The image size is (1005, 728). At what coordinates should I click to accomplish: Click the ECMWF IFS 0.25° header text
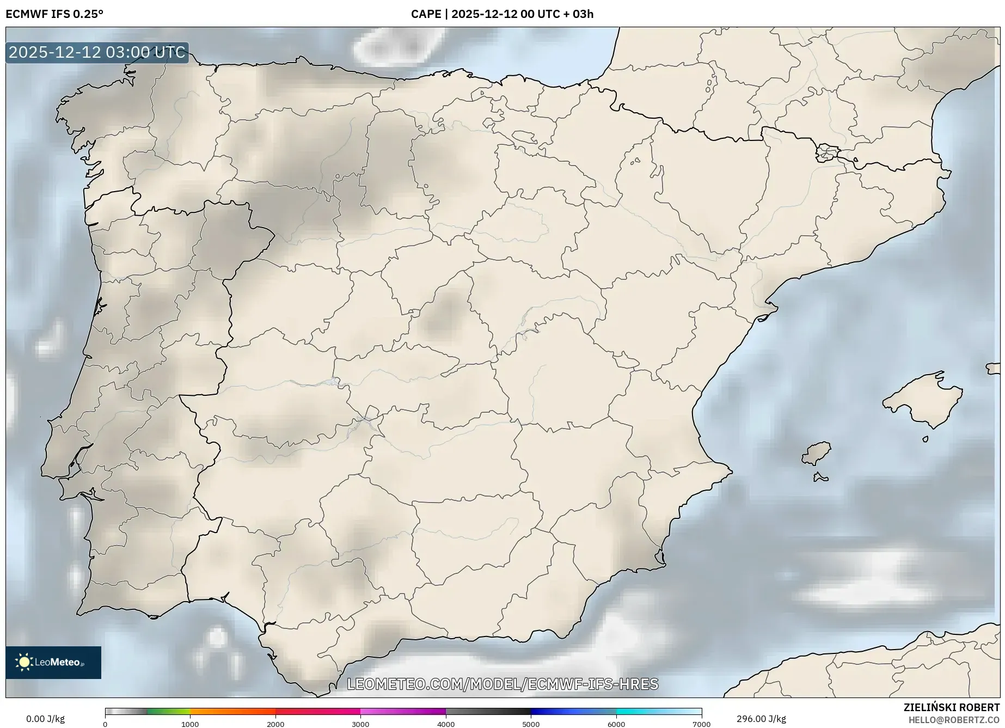click(54, 14)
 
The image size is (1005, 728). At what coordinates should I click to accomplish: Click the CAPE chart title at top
click(502, 14)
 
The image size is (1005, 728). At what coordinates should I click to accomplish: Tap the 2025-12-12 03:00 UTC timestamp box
click(97, 53)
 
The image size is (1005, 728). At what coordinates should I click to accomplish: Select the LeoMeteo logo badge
click(53, 662)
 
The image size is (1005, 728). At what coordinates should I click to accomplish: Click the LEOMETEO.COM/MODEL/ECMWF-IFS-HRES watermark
click(502, 684)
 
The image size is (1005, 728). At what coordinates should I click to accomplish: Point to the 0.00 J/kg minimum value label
click(45, 719)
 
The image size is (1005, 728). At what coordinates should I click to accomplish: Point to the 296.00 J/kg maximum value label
click(761, 719)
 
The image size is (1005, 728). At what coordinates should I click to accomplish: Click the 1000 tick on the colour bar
click(190, 724)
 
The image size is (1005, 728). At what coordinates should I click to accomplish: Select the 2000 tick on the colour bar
click(275, 724)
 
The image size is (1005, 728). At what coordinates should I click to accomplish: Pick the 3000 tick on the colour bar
click(360, 724)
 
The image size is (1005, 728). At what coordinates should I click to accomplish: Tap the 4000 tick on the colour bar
click(446, 724)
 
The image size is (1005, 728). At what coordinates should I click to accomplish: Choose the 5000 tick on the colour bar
click(531, 724)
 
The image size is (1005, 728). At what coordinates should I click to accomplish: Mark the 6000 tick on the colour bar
click(616, 724)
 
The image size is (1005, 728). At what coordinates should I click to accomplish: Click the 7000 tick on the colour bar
click(701, 724)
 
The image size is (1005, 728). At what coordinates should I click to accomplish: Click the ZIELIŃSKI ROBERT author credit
click(952, 707)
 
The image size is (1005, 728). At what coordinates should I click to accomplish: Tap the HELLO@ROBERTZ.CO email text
click(954, 720)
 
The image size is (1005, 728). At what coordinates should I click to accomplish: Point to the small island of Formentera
click(820, 478)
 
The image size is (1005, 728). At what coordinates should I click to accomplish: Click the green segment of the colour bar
click(169, 711)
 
